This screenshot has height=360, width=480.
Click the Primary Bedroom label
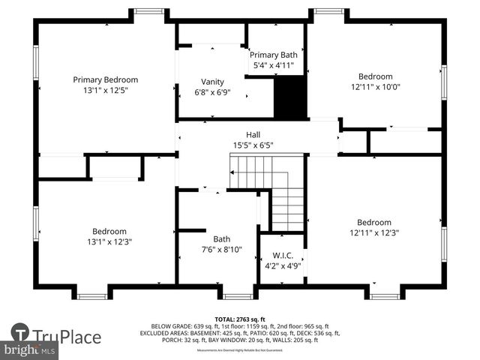point(105,79)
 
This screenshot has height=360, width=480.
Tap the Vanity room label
point(212,82)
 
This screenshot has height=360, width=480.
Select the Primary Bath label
point(273,55)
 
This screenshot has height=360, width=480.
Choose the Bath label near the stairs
point(221,239)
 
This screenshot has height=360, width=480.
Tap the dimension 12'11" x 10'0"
point(375,87)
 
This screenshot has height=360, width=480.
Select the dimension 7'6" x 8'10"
point(221,250)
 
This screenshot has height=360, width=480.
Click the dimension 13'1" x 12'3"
point(109,242)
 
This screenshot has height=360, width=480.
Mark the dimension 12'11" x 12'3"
point(374,232)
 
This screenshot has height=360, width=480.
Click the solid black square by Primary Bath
point(290,97)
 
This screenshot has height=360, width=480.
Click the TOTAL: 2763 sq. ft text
point(240,319)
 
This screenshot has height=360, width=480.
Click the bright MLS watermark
point(30,350)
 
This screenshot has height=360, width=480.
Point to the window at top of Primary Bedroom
point(149,11)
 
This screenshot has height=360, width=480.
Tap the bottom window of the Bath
point(238,296)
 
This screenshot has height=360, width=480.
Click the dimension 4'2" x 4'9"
point(282,265)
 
